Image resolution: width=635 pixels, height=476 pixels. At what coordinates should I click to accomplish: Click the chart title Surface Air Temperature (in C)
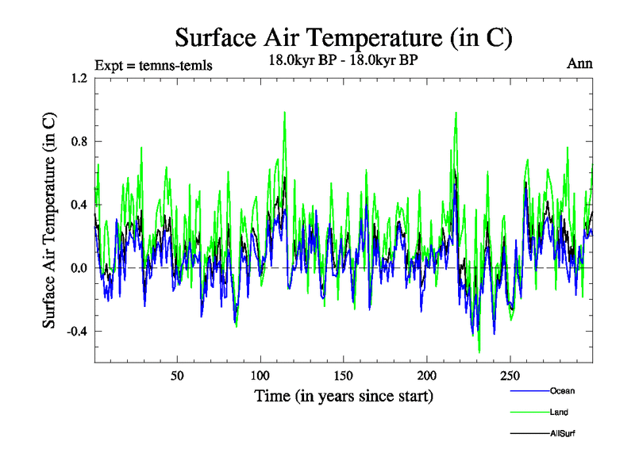344,37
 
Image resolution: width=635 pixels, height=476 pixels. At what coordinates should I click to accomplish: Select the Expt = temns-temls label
152,65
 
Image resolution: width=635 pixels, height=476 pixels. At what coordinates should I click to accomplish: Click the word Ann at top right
579,63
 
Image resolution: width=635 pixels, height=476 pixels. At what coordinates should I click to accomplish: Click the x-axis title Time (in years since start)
344,395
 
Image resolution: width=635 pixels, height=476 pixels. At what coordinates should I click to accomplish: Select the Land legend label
559,413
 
